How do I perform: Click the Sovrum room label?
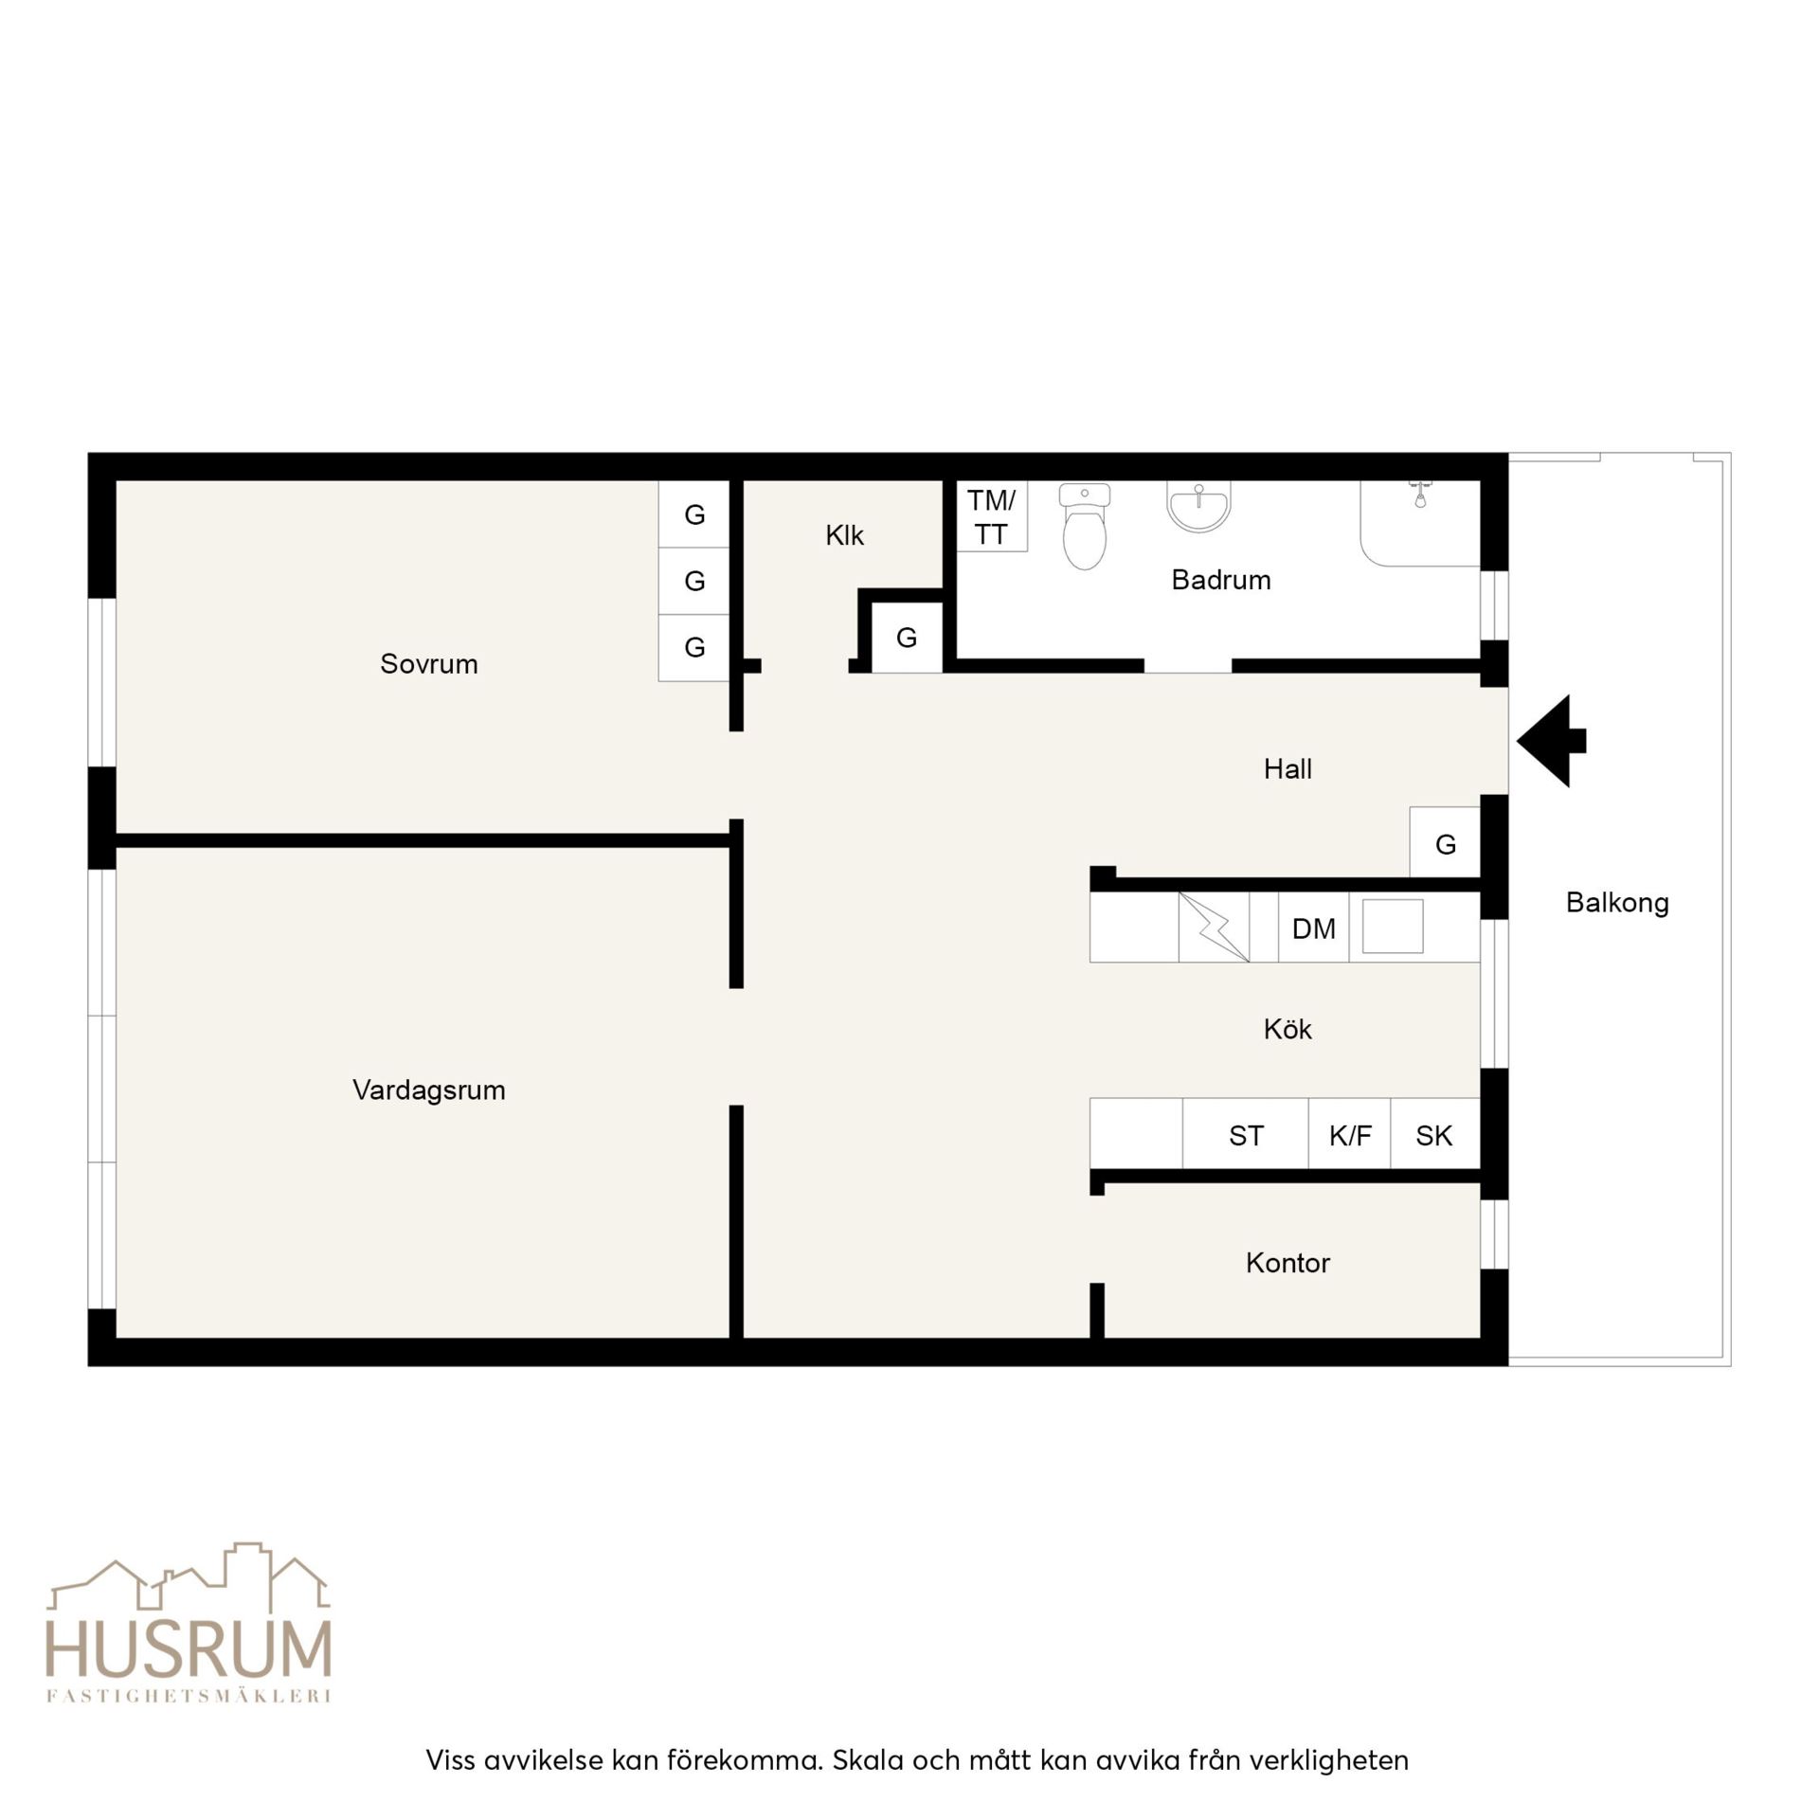428,663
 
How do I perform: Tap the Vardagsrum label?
428,1090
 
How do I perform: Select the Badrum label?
1220,580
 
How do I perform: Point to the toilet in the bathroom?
1085,527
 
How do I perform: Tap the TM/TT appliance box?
991,516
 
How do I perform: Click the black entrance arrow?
1551,741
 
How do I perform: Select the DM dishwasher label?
1313,928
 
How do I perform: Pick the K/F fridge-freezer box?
1349,1134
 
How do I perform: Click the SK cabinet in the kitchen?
1434,1134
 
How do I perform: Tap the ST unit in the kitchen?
1245,1134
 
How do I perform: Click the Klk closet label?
844,535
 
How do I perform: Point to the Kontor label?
1288,1263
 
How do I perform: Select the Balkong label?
1617,903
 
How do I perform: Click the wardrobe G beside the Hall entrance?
1445,842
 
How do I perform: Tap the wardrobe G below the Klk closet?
907,638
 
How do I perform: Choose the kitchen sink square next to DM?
1393,926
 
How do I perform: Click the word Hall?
1288,768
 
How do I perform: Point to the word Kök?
1288,1029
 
